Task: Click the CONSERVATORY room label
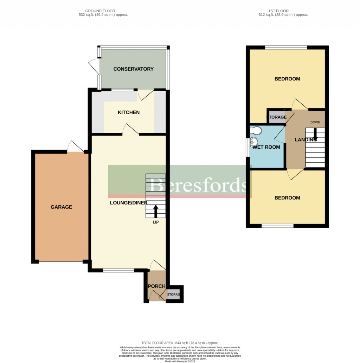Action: (133, 69)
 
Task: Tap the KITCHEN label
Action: (128, 112)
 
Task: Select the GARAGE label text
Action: (61, 207)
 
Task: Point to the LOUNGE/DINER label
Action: (128, 203)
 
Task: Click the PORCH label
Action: (156, 286)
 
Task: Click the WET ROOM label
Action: (266, 147)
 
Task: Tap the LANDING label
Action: (305, 140)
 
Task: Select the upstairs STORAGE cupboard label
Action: (277, 117)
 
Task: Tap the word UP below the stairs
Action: (155, 222)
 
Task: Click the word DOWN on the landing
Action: (315, 122)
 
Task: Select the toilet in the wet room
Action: (256, 131)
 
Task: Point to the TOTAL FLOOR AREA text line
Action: (180, 343)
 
